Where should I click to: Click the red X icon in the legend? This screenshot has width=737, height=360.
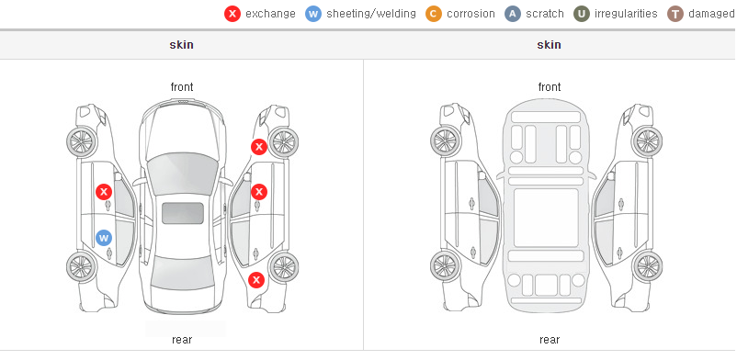[x=232, y=14]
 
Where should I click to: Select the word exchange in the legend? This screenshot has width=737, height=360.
[x=270, y=14]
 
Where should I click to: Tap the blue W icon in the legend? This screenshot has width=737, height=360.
[x=313, y=14]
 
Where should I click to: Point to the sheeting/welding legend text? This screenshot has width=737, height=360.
[x=371, y=14]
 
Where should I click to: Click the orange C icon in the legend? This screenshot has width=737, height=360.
[x=434, y=14]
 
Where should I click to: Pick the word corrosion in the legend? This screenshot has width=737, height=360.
[x=471, y=14]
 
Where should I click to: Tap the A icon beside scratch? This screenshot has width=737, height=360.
[x=513, y=14]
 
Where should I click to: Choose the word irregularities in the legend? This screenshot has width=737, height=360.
[x=626, y=14]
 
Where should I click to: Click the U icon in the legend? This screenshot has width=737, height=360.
[x=581, y=14]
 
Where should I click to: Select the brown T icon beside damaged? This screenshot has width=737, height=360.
[x=675, y=14]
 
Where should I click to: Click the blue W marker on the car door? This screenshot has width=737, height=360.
[x=104, y=237]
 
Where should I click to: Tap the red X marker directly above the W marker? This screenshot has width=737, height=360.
[x=104, y=192]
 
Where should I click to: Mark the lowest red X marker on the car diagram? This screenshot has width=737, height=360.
[x=256, y=281]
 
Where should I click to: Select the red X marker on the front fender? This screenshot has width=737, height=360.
[x=258, y=147]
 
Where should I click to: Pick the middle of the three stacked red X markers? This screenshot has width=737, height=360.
[x=259, y=192]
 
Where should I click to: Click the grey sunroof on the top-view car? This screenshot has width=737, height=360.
[x=183, y=213]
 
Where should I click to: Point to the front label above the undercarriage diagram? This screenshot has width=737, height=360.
[x=550, y=87]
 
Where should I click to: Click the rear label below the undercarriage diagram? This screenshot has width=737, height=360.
[x=550, y=340]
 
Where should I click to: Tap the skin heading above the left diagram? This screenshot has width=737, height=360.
[x=181, y=45]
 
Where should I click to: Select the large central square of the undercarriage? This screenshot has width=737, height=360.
[x=546, y=218]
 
